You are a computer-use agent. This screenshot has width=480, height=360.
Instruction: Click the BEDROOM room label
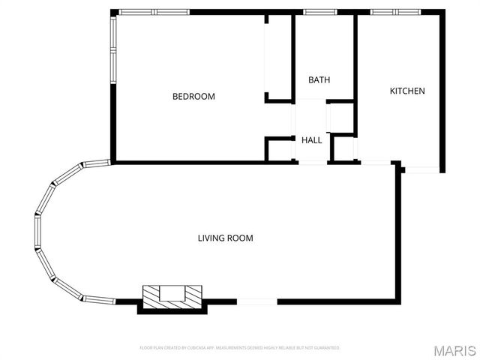[193, 96]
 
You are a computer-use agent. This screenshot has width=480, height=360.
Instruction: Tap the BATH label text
[319, 79]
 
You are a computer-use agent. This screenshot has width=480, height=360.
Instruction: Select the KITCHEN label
[406, 91]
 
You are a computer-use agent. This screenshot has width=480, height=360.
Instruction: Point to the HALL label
[311, 139]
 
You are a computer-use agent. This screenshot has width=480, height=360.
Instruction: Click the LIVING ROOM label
[225, 238]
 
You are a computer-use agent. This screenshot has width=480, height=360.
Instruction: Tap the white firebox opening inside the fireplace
[173, 292]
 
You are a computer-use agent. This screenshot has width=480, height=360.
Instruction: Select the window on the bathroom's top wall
[314, 12]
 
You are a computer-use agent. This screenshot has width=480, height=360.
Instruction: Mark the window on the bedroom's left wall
[113, 49]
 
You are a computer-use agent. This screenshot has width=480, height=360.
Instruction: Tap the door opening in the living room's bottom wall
[256, 301]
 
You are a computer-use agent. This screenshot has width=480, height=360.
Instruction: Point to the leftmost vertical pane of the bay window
[36, 232]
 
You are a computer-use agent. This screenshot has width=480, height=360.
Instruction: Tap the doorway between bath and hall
[310, 101]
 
